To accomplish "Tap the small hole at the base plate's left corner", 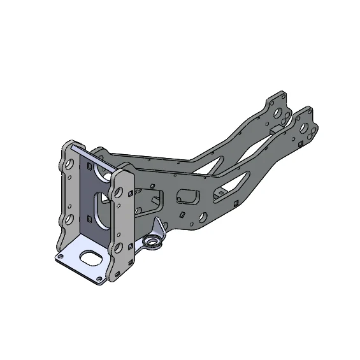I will click(60, 257).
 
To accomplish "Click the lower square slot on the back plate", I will click(90, 220).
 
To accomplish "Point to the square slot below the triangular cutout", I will click(236, 203).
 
